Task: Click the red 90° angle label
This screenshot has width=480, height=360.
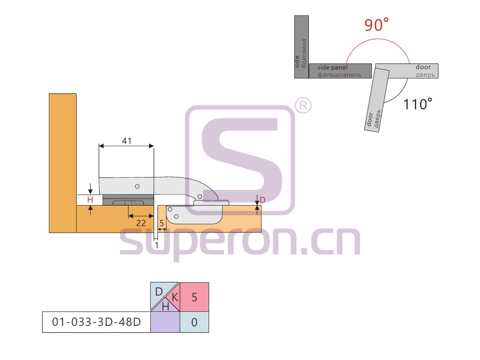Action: [x=376, y=25]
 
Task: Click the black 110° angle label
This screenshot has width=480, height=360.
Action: [x=418, y=104]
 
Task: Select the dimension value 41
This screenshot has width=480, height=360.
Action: [x=127, y=140]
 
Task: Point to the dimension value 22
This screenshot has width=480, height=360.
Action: [x=141, y=223]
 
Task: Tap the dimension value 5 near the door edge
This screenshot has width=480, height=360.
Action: [x=162, y=223]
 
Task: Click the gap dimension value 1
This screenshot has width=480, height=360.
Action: [x=156, y=245]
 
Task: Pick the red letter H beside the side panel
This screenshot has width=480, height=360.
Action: [x=90, y=200]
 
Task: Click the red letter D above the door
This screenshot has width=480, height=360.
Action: [x=262, y=200]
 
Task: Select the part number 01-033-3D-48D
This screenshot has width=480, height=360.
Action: [x=97, y=322]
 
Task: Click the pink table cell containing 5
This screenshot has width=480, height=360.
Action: [x=194, y=297]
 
